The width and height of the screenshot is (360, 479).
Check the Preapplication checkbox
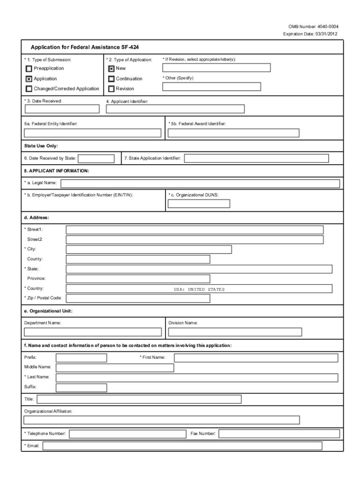coord(29,69)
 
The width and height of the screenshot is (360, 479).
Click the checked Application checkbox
coord(29,79)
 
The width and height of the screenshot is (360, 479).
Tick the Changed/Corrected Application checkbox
coord(29,88)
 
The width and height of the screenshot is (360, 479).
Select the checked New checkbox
coord(111,69)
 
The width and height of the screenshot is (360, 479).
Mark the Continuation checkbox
coord(111,79)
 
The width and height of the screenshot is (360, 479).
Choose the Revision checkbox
coord(111,88)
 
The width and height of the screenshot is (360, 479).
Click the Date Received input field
coord(62,109)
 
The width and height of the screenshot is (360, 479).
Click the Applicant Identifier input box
coord(175,109)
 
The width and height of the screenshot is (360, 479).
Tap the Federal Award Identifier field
coord(233,133)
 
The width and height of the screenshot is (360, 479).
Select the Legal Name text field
coord(200,183)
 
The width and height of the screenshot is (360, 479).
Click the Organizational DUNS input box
coord(199,203)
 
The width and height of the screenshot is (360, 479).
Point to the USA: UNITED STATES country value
coord(199,289)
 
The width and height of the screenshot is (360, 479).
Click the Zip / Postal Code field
coord(138,298)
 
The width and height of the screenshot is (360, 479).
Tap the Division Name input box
coord(235,332)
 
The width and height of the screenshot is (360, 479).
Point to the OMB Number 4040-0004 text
coord(311,27)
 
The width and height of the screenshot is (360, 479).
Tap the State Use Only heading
coord(41,146)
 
